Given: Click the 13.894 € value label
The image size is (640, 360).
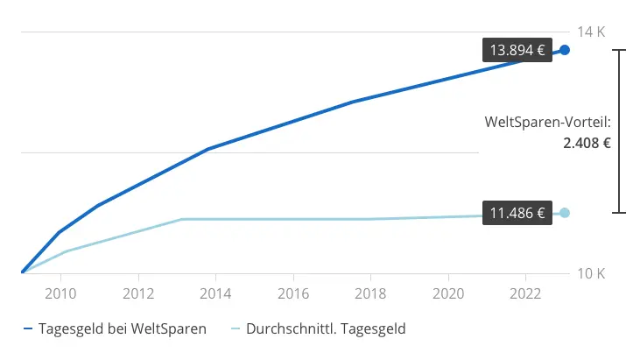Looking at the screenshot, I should (517, 50).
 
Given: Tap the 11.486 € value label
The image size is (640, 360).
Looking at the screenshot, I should (517, 213).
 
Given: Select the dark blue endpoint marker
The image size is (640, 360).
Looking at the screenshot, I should (565, 50).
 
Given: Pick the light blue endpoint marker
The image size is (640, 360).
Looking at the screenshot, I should (565, 213).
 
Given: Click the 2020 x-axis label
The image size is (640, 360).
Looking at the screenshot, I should (448, 292).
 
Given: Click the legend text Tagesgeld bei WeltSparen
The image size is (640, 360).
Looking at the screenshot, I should (123, 329).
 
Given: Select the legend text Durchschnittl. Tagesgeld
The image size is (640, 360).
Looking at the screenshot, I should (326, 329).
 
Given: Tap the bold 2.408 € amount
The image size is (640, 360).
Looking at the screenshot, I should (587, 143).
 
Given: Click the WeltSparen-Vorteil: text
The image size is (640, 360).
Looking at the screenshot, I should (547, 123).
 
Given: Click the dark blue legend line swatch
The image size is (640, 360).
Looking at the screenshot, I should (28, 330).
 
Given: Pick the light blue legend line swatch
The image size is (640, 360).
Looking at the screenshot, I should (235, 330).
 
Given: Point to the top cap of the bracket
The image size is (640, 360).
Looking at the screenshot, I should (620, 51).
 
